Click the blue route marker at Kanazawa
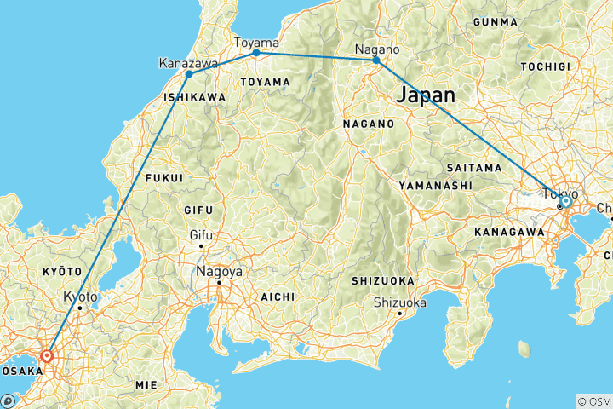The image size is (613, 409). (x=189, y=74)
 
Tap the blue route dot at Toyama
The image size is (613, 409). (x=256, y=53)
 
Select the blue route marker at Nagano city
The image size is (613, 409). (x=375, y=60)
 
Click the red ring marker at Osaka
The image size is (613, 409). (x=48, y=357)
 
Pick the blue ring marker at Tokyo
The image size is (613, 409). (x=565, y=202)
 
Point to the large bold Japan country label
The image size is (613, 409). (x=424, y=95)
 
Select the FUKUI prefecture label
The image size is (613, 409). (x=164, y=178)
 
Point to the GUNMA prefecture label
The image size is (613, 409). (x=496, y=21)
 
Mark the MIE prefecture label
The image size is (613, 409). (x=146, y=385)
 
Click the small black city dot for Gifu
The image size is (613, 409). (x=202, y=246)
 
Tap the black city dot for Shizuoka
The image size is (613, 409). (x=399, y=314)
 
